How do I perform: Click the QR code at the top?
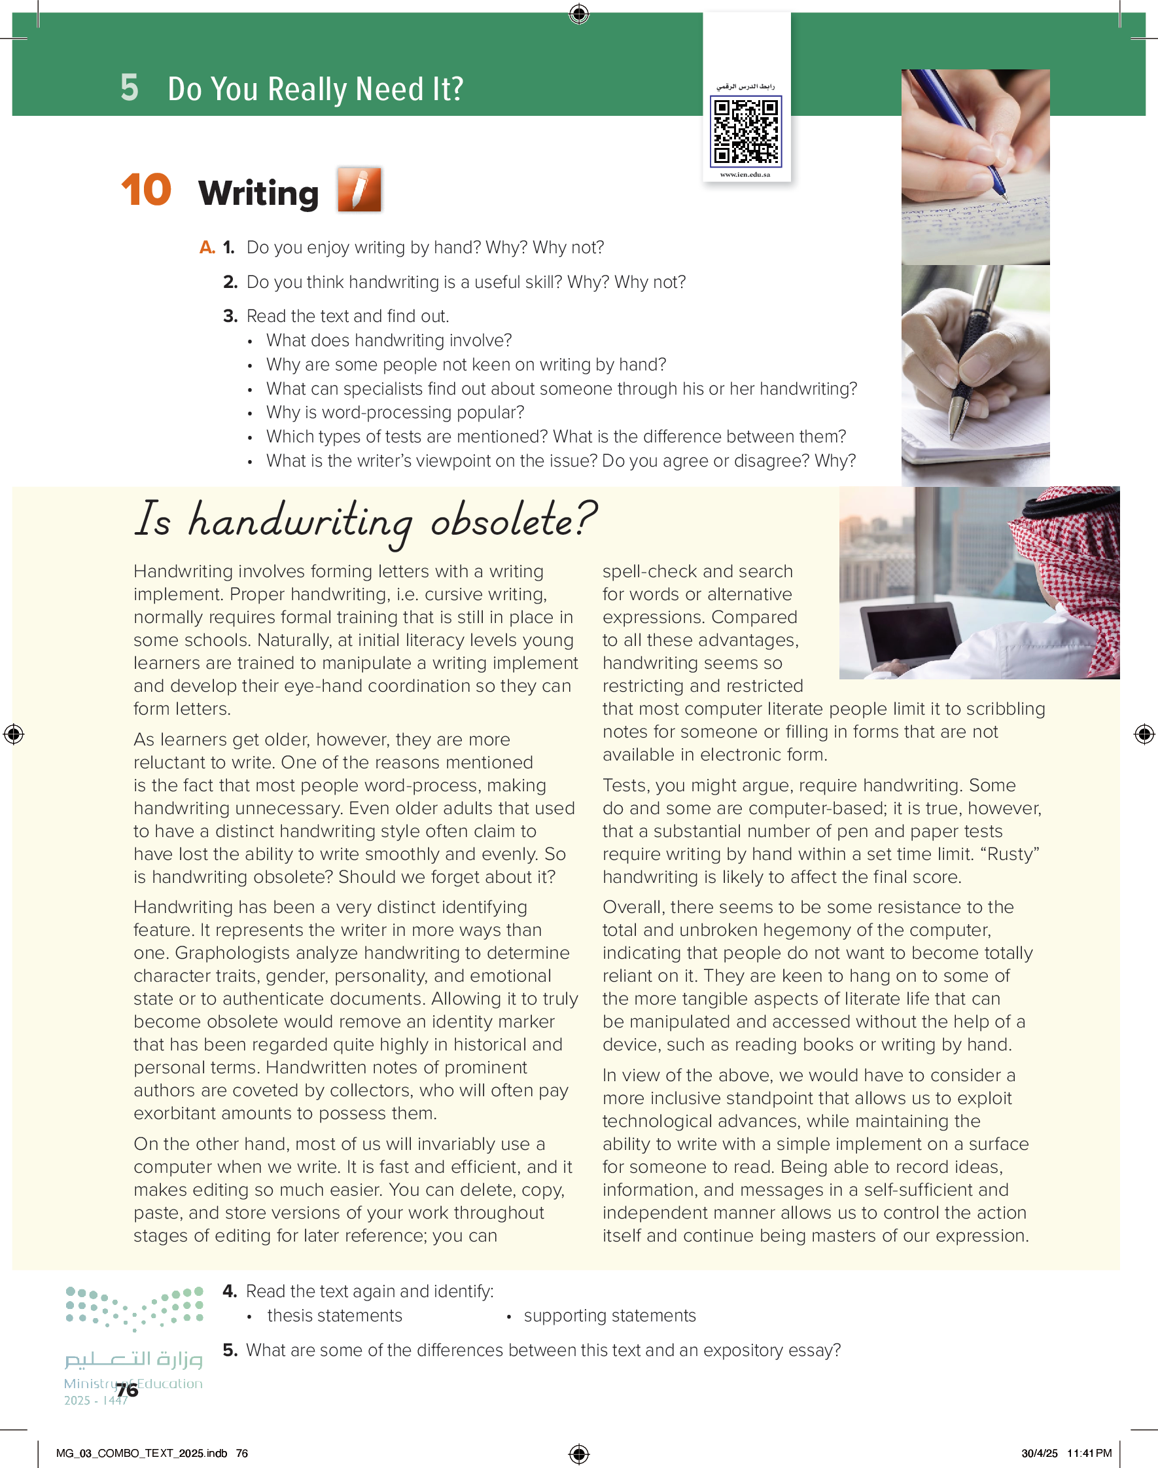pyautogui.click(x=745, y=131)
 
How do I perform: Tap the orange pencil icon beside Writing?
pyautogui.click(x=359, y=190)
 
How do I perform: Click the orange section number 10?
pyautogui.click(x=146, y=190)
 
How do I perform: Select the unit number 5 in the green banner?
pyautogui.click(x=130, y=88)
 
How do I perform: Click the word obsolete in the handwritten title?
pyautogui.click(x=513, y=521)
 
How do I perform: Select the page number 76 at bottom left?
pyautogui.click(x=127, y=1390)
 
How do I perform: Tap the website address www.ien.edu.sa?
pyautogui.click(x=745, y=174)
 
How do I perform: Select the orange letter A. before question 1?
pyautogui.click(x=207, y=247)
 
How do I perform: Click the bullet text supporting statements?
pyautogui.click(x=610, y=1316)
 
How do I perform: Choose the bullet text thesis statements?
pyautogui.click(x=334, y=1316)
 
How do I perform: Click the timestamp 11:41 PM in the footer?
pyautogui.click(x=1089, y=1453)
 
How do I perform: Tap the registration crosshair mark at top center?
pyautogui.click(x=579, y=14)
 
